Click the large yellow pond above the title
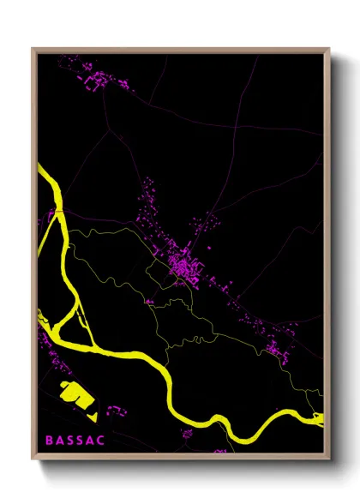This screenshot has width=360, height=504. coord(75,397)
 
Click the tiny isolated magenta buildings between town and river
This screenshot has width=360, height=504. coord(149,301)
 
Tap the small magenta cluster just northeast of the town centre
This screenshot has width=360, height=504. coord(206,224)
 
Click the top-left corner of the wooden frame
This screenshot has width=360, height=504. coord(33,49)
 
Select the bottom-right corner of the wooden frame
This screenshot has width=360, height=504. coord(328,458)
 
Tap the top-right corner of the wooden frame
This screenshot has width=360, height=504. coord(328,49)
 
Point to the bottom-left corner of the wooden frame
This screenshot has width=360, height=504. coord(33,458)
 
